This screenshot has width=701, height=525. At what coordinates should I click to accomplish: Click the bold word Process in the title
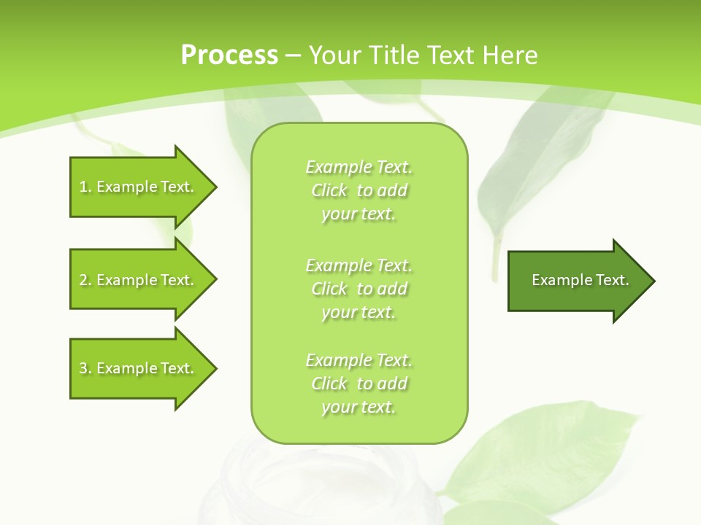point(229,55)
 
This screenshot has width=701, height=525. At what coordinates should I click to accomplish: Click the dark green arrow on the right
point(577,281)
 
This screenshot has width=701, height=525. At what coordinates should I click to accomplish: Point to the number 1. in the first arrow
point(85,187)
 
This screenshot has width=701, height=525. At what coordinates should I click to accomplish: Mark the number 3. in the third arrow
point(85,369)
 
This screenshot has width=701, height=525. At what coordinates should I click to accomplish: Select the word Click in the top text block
point(329,191)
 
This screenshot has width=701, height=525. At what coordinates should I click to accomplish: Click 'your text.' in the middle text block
point(359,312)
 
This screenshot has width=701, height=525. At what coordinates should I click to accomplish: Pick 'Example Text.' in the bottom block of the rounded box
point(359,360)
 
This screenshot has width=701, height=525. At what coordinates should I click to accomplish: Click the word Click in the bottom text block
point(329,384)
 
